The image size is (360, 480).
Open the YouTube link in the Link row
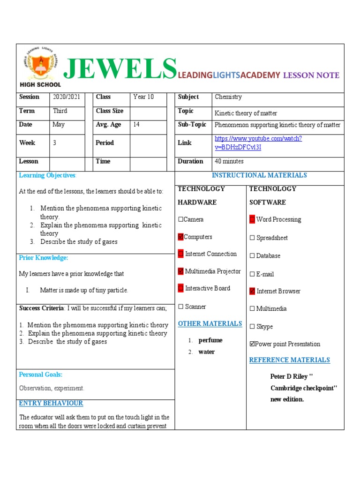(x=258, y=142)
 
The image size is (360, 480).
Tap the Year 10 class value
(x=143, y=97)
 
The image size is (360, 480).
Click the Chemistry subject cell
(x=228, y=97)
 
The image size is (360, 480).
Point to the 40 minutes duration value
(x=229, y=161)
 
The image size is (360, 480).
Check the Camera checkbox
(x=180, y=219)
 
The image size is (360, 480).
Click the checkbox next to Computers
(x=180, y=237)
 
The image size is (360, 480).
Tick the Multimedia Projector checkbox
(x=181, y=271)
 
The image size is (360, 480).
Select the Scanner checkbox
(x=180, y=307)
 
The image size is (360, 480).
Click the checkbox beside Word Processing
(x=252, y=219)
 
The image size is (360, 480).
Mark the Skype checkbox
(x=252, y=327)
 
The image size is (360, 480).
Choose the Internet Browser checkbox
(x=252, y=291)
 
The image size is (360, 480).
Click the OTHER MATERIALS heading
(x=210, y=323)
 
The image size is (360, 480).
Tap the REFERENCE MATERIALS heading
(x=289, y=360)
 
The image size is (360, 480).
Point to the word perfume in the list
(x=210, y=340)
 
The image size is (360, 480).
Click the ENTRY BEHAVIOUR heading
(x=51, y=403)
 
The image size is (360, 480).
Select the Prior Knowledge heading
(x=44, y=258)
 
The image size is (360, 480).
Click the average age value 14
(x=136, y=125)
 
